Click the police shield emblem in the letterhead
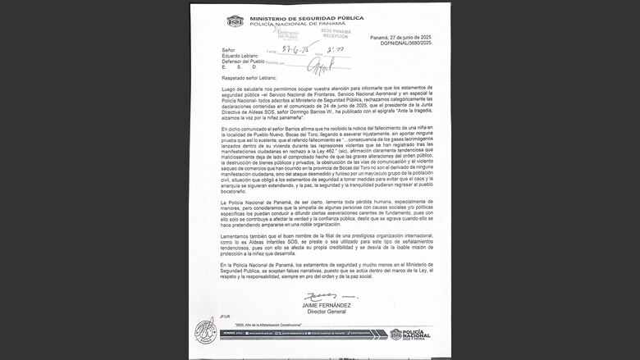click(235, 21)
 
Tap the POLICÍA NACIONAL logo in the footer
click(410, 334)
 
